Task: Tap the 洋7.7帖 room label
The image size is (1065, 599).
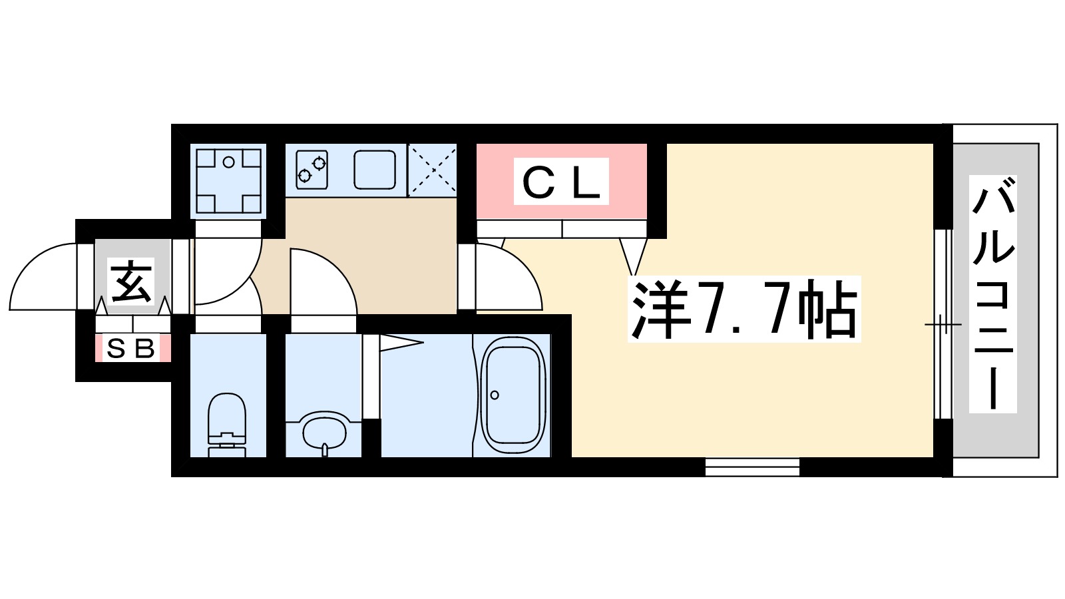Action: click(744, 309)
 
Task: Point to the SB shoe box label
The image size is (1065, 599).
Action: click(131, 348)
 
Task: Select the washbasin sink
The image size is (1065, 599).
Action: click(324, 432)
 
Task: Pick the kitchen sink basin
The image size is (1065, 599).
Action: click(375, 169)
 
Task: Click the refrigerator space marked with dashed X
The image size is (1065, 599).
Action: click(432, 170)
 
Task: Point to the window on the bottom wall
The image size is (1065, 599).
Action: click(752, 467)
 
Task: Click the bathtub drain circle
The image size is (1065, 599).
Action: click(495, 395)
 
